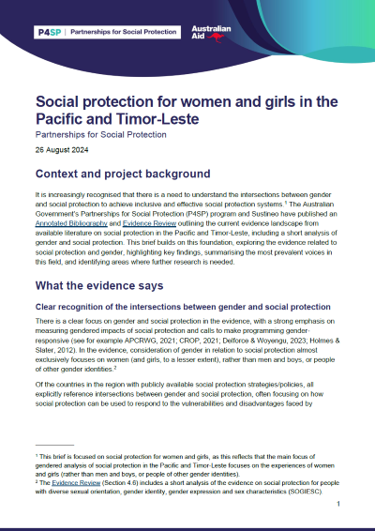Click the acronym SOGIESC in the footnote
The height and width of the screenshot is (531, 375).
[x=305, y=488]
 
